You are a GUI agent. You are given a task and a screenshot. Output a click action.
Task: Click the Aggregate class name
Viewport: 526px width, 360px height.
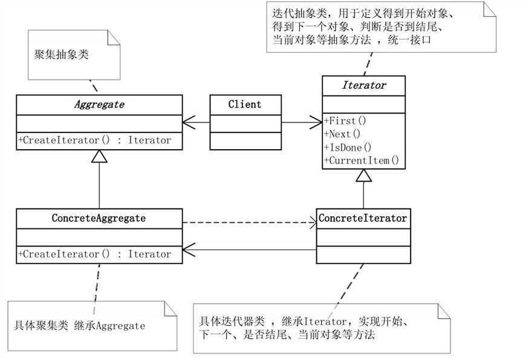pyautogui.click(x=99, y=104)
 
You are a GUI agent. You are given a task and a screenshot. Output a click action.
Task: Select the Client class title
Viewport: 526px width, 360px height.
pyautogui.click(x=245, y=104)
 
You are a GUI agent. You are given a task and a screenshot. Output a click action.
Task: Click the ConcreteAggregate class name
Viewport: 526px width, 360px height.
pyautogui.click(x=99, y=218)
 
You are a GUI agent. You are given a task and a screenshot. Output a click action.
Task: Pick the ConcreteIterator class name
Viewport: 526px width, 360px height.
pyautogui.click(x=363, y=218)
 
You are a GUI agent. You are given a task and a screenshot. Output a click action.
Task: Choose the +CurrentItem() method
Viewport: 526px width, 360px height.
pyautogui.click(x=362, y=160)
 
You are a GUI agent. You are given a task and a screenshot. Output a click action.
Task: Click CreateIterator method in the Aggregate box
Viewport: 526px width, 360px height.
pyautogui.click(x=95, y=140)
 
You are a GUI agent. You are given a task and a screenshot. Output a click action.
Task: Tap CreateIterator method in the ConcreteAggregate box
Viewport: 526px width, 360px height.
pyautogui.click(x=95, y=254)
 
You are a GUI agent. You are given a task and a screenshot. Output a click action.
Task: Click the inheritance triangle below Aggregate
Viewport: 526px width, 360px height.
pyautogui.click(x=99, y=156)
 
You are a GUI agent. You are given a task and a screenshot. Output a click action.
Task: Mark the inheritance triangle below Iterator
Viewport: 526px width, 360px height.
pyautogui.click(x=363, y=176)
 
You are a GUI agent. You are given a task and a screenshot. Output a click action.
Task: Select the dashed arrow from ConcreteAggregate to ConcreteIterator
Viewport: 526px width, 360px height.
pyautogui.click(x=248, y=224)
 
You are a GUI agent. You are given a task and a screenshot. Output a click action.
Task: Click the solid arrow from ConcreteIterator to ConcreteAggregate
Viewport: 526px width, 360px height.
pyautogui.click(x=248, y=247)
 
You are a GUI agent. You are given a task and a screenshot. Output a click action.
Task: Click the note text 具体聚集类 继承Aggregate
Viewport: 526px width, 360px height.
pyautogui.click(x=79, y=326)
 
